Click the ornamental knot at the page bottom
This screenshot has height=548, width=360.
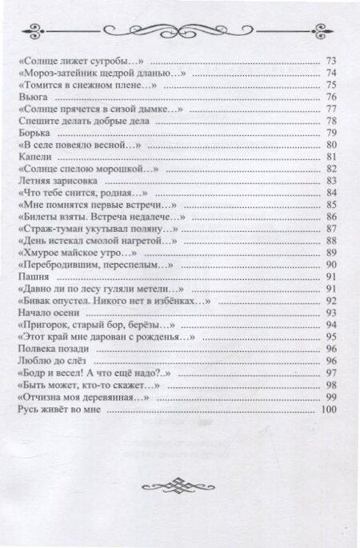(x=180, y=508)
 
